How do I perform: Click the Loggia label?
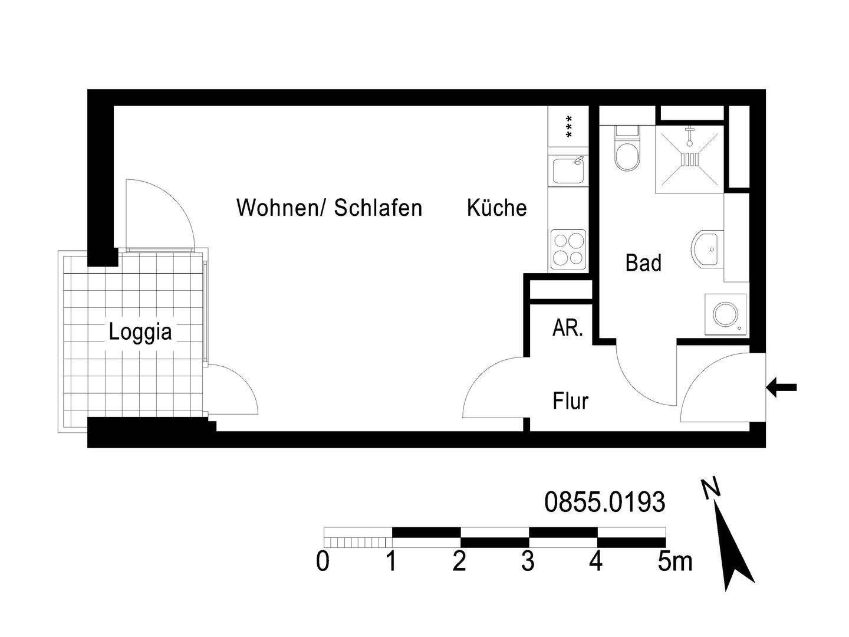click(x=140, y=332)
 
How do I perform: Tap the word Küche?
click(x=496, y=208)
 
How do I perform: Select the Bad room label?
click(x=643, y=263)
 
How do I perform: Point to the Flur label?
click(x=570, y=402)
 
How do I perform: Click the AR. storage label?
click(x=567, y=329)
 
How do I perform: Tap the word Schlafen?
click(x=378, y=208)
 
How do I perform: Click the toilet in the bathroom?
click(x=626, y=151)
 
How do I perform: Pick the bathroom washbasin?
click(x=706, y=249)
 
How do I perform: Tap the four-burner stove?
click(x=568, y=249)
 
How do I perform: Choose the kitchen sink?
click(x=568, y=170)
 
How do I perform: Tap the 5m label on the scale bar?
click(x=674, y=562)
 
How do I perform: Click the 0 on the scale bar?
click(x=323, y=562)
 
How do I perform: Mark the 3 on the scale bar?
click(x=528, y=562)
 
